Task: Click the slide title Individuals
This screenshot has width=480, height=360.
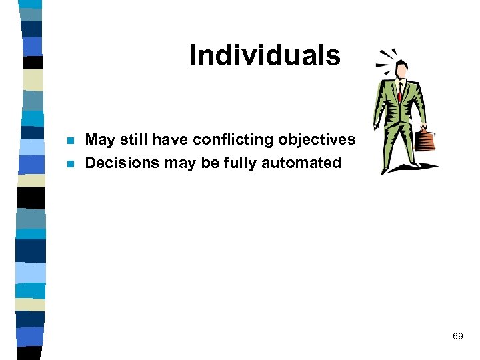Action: coord(265,55)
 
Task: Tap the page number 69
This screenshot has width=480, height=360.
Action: coord(457,336)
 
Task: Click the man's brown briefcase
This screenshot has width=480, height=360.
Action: coord(425,140)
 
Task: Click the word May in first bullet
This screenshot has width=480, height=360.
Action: coord(100,141)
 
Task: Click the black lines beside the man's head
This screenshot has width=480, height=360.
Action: coord(385,59)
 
